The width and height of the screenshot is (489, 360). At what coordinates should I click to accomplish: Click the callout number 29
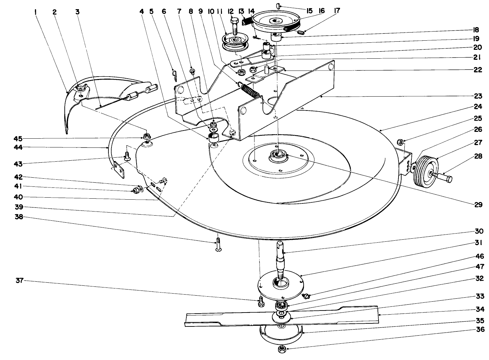click(478, 204)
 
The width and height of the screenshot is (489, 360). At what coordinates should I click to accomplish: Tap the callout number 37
click(19, 281)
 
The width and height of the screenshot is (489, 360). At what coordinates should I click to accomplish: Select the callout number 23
click(478, 96)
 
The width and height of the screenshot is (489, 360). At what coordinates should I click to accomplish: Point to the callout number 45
click(18, 139)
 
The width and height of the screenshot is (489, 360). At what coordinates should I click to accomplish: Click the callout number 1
click(35, 12)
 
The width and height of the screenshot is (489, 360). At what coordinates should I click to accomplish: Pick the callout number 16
click(322, 11)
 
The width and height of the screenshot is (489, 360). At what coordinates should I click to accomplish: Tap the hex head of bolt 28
click(448, 179)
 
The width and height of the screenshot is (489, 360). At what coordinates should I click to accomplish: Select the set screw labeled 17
click(301, 33)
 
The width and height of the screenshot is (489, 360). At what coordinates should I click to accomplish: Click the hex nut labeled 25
click(400, 142)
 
